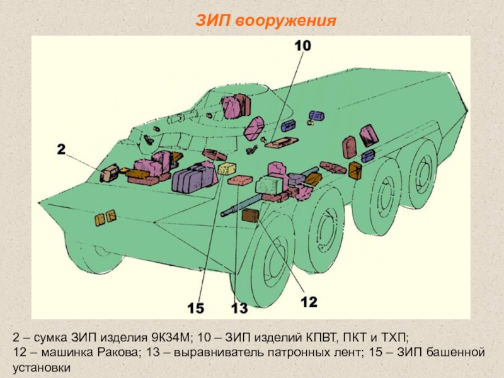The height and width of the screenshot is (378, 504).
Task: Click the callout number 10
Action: click(x=303, y=45)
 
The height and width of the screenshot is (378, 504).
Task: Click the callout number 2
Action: click(x=61, y=149)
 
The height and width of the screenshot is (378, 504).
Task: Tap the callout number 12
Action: click(x=309, y=302)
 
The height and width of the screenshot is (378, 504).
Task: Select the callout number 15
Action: click(x=196, y=308)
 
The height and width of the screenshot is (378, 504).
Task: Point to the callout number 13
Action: click(x=239, y=308)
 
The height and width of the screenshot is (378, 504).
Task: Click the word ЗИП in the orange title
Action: click(x=213, y=21)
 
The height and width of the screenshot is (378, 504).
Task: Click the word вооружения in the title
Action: click(x=285, y=21)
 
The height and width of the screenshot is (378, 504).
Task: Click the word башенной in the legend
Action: click(x=455, y=352)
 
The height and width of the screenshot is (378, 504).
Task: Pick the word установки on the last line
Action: click(x=42, y=367)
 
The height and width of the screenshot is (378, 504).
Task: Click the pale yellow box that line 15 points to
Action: click(x=227, y=168)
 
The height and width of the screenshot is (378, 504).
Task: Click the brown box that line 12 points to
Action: click(x=250, y=215)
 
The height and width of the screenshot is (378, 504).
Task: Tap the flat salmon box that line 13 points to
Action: click(x=240, y=180)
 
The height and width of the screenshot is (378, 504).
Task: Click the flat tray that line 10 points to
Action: click(x=282, y=142)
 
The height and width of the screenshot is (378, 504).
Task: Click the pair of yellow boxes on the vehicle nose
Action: click(x=105, y=217)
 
